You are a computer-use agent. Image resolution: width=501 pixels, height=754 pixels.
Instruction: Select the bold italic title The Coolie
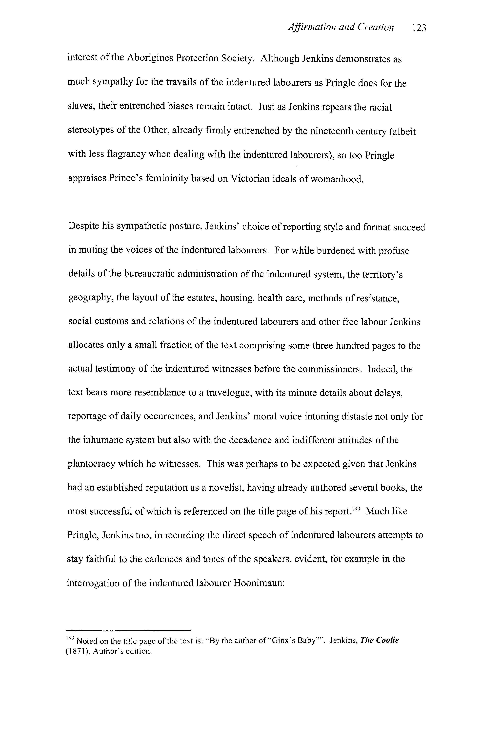tap(379, 641)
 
